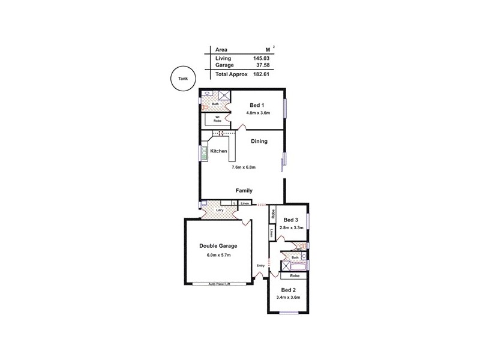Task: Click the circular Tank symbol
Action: pos(182,79)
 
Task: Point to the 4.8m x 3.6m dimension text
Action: pos(258,113)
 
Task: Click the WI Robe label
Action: pos(217,119)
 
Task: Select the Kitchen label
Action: pos(218,151)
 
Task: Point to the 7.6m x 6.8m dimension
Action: pos(244,167)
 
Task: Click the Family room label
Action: pos(244,190)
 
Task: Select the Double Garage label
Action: pos(218,246)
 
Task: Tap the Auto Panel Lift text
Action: pos(219,284)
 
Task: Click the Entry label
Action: pos(260,266)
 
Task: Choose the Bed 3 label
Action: pos(291,220)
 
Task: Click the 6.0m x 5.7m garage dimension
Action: pos(218,255)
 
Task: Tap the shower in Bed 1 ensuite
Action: pos(224,95)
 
